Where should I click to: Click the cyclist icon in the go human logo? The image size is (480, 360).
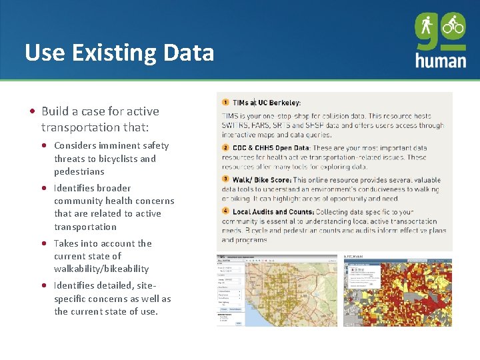pos(453,25)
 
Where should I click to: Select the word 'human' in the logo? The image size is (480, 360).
pos(440,59)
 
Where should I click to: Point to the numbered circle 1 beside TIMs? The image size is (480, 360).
pos(225,102)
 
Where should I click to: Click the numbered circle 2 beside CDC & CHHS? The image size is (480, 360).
pos(225,148)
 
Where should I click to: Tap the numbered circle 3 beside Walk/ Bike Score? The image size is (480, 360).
pos(225,179)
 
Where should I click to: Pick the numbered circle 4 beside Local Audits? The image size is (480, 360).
pos(225,211)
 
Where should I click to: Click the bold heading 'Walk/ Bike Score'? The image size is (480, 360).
pos(261,180)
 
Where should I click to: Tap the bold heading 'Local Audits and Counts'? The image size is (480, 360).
pos(273,212)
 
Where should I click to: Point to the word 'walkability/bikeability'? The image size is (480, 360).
pos(101,269)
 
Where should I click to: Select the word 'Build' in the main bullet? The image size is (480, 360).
pos(55,111)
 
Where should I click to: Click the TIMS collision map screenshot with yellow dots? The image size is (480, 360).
pos(277,291)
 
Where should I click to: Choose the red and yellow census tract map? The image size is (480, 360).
pos(397,292)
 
